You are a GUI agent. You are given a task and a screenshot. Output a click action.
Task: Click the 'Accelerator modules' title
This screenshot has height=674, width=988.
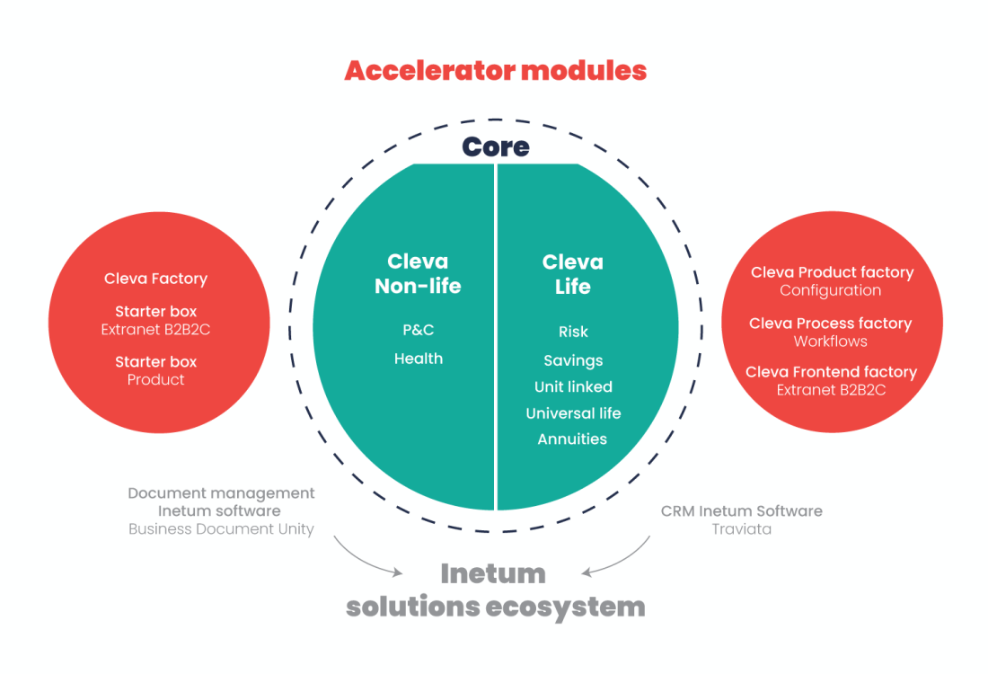tap(495, 71)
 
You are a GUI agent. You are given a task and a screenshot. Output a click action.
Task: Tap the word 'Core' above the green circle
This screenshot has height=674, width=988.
tap(495, 146)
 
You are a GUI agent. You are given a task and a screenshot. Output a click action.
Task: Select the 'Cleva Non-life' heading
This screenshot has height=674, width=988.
tap(418, 273)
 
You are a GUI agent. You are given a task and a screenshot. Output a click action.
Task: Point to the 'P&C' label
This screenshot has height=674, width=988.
tap(419, 330)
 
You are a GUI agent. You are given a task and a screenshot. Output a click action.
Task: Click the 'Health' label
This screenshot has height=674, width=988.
tap(419, 359)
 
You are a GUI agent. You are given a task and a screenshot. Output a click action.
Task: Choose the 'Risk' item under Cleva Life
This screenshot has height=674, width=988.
tap(573, 332)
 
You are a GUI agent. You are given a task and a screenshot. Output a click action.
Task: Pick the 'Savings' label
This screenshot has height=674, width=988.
tap(573, 360)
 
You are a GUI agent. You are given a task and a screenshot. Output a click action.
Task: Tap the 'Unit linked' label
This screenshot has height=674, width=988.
tap(573, 386)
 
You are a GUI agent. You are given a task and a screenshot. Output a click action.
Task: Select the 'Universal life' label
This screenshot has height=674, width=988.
tap(573, 413)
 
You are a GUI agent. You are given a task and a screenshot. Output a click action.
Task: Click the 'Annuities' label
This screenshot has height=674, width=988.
tap(572, 439)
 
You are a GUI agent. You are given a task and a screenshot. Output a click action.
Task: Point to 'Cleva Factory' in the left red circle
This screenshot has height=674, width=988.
tap(155, 279)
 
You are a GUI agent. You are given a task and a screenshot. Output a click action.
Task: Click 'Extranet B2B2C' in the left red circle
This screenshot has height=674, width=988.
tap(155, 329)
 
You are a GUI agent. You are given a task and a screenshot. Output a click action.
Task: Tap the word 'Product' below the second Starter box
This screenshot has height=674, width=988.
tap(155, 379)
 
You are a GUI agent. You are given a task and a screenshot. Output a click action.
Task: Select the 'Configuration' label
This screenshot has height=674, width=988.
tap(831, 290)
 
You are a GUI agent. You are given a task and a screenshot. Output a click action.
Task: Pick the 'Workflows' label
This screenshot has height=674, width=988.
tap(831, 341)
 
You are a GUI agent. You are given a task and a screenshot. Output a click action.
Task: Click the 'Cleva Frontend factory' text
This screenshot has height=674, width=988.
tap(831, 372)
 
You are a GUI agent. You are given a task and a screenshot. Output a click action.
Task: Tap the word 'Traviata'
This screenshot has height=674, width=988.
tap(742, 529)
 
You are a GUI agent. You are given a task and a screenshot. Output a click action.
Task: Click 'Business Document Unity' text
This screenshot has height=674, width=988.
tap(221, 529)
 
